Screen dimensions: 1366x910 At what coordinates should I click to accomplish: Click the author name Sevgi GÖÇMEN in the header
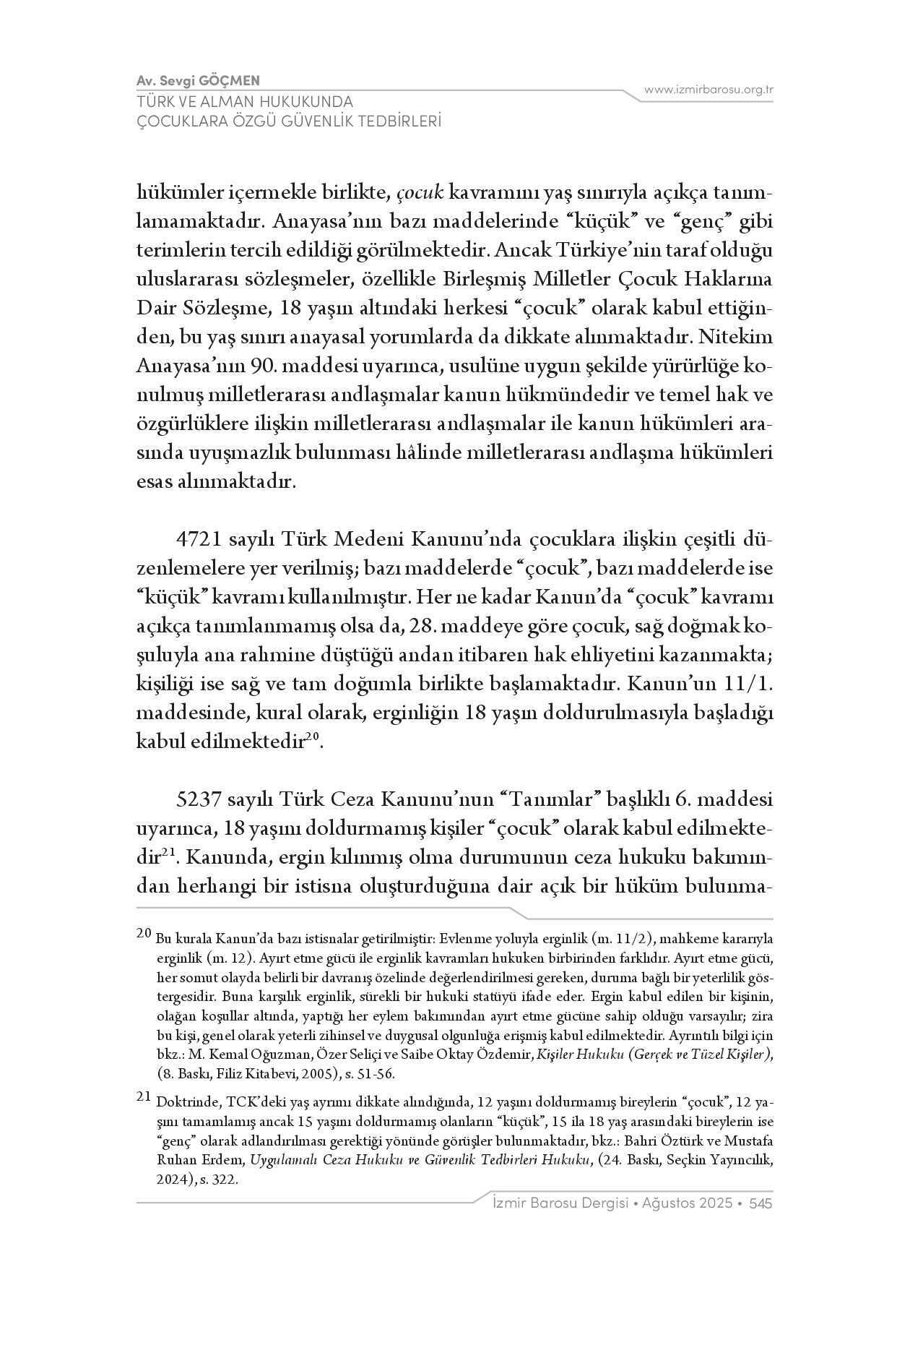tap(209, 80)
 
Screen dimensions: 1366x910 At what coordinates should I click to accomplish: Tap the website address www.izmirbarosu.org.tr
tap(708, 90)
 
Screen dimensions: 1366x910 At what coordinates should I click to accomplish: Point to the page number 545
tap(761, 1203)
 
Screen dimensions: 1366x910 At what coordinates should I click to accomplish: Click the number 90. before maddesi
tap(266, 366)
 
